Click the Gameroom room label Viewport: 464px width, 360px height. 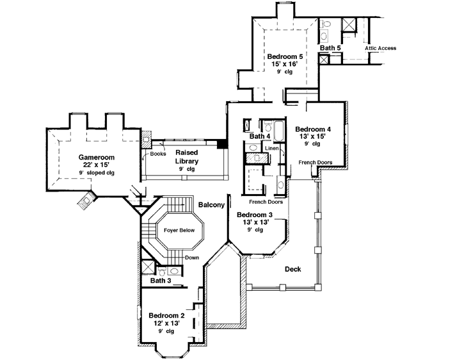click(x=96, y=157)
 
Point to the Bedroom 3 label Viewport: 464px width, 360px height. click(x=255, y=215)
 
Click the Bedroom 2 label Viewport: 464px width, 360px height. click(x=166, y=315)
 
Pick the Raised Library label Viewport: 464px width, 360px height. click(x=187, y=157)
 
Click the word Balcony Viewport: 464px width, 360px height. click(x=211, y=205)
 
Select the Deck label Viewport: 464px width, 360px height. click(x=292, y=269)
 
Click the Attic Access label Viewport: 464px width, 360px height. click(x=381, y=48)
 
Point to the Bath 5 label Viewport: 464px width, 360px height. click(x=330, y=48)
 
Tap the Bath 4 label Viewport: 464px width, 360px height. click(x=260, y=136)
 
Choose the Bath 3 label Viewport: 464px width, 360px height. click(x=160, y=281)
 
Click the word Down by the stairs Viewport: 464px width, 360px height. click(x=193, y=258)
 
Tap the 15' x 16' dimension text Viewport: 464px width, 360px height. click(x=285, y=65)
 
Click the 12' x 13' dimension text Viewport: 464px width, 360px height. click(x=166, y=323)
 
